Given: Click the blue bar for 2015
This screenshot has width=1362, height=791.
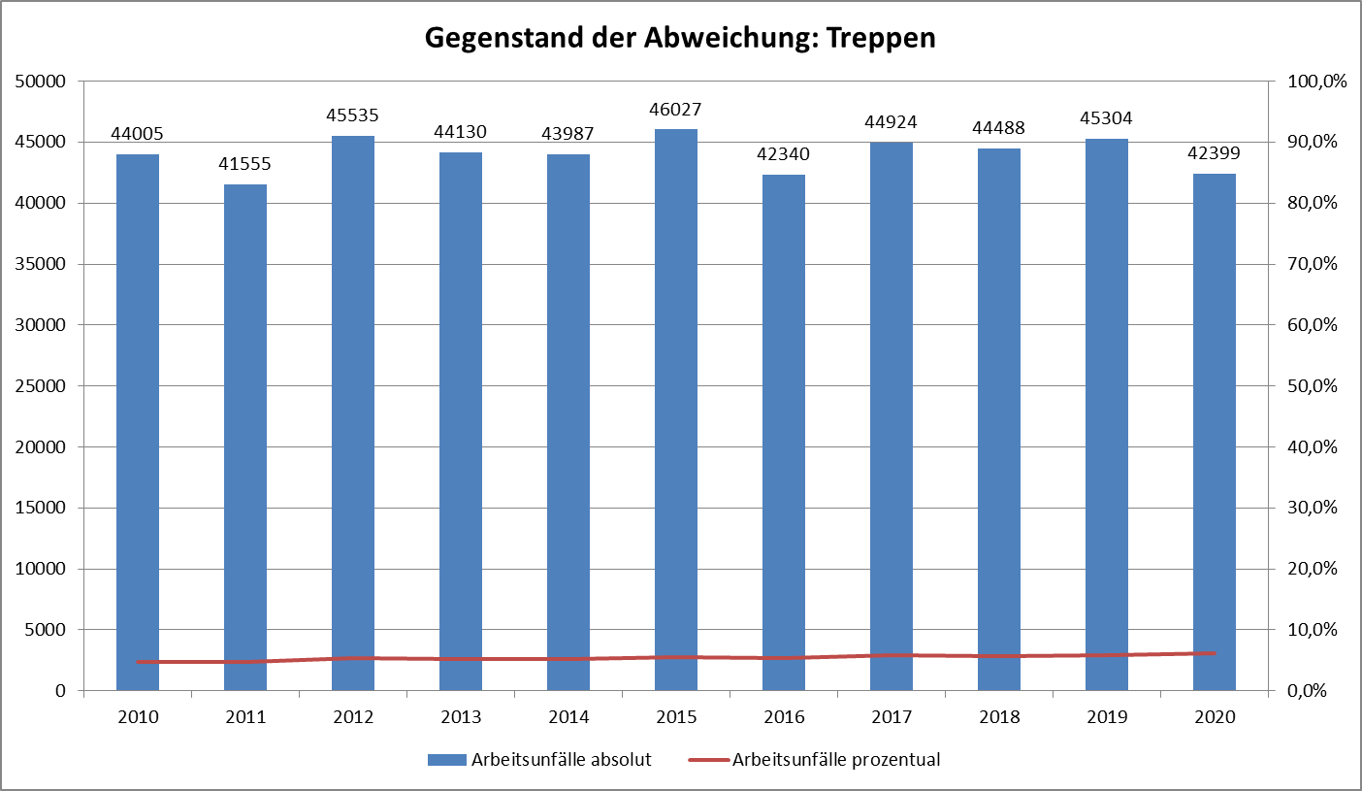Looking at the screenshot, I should click(x=675, y=408).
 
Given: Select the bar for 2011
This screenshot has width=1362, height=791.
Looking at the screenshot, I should click(x=245, y=437).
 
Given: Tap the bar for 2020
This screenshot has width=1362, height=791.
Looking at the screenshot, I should click(x=1215, y=432).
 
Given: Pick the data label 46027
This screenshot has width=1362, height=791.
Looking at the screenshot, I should click(x=675, y=110).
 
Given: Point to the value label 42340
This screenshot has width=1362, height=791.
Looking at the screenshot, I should click(x=783, y=154).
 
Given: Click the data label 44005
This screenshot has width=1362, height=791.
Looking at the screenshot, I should click(x=138, y=134).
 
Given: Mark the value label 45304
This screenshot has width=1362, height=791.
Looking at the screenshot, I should click(x=1107, y=118).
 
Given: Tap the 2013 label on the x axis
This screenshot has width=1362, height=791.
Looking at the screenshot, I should click(x=461, y=717).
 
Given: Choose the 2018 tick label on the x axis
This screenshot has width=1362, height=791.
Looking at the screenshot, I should click(x=999, y=717).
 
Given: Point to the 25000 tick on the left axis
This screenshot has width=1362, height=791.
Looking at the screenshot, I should click(x=41, y=386).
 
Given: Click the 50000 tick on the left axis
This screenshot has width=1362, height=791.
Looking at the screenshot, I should click(x=41, y=82).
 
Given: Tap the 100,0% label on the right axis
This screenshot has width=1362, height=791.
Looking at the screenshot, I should click(x=1316, y=82).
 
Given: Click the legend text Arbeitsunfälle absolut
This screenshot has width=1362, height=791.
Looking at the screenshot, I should click(x=561, y=760).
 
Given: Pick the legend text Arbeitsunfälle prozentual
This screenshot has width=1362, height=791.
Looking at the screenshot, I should click(x=836, y=760).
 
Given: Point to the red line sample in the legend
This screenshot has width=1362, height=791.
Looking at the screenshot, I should click(x=707, y=760).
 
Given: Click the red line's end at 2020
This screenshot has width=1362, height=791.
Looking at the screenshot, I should click(x=1215, y=653).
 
